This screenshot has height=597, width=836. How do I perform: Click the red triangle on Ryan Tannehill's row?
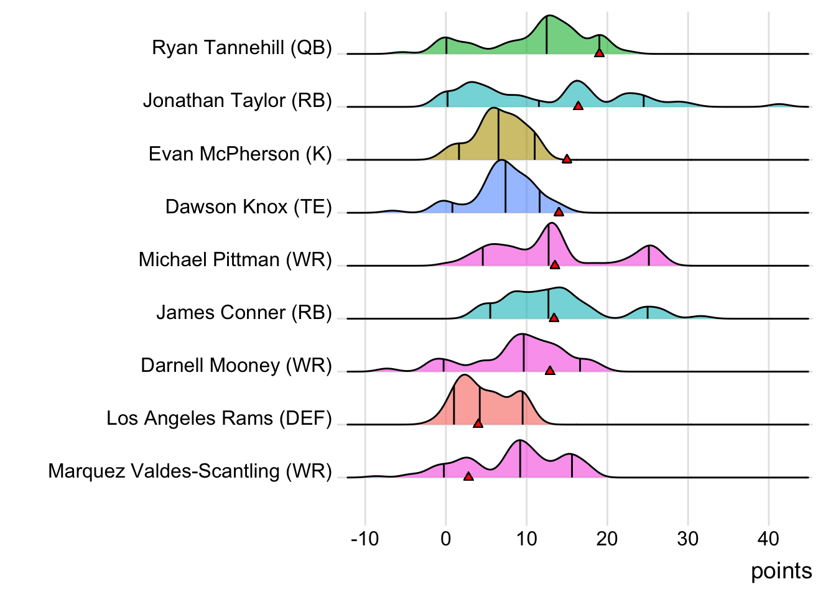(x=599, y=53)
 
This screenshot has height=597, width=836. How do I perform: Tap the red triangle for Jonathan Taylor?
(x=578, y=106)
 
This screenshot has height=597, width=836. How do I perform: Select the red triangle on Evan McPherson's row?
(x=567, y=159)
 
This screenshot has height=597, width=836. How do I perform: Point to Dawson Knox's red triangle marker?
(x=559, y=212)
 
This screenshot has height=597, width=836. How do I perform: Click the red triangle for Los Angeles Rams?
(x=478, y=423)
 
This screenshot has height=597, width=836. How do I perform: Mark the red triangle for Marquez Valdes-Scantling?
(x=468, y=476)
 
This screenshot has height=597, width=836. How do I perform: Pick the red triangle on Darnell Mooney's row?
(x=550, y=371)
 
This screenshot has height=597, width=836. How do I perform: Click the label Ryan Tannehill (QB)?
(x=242, y=48)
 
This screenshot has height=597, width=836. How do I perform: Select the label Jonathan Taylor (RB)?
(x=238, y=101)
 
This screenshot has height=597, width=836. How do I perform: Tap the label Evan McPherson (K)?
(x=240, y=154)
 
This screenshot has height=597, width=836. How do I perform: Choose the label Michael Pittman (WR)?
(x=235, y=259)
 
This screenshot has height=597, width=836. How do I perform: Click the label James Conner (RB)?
(x=244, y=312)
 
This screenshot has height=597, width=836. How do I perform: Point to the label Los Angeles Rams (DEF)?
(x=219, y=418)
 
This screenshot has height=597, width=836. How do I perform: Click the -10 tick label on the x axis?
(x=365, y=539)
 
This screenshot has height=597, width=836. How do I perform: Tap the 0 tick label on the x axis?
(x=445, y=539)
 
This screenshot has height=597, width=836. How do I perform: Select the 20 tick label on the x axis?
(x=607, y=539)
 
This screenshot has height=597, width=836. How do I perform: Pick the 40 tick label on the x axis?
(x=769, y=539)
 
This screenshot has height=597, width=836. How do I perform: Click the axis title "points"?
(x=781, y=571)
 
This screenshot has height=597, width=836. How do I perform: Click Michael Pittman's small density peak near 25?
(x=649, y=248)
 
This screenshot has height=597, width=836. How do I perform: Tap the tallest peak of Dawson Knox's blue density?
(x=502, y=162)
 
